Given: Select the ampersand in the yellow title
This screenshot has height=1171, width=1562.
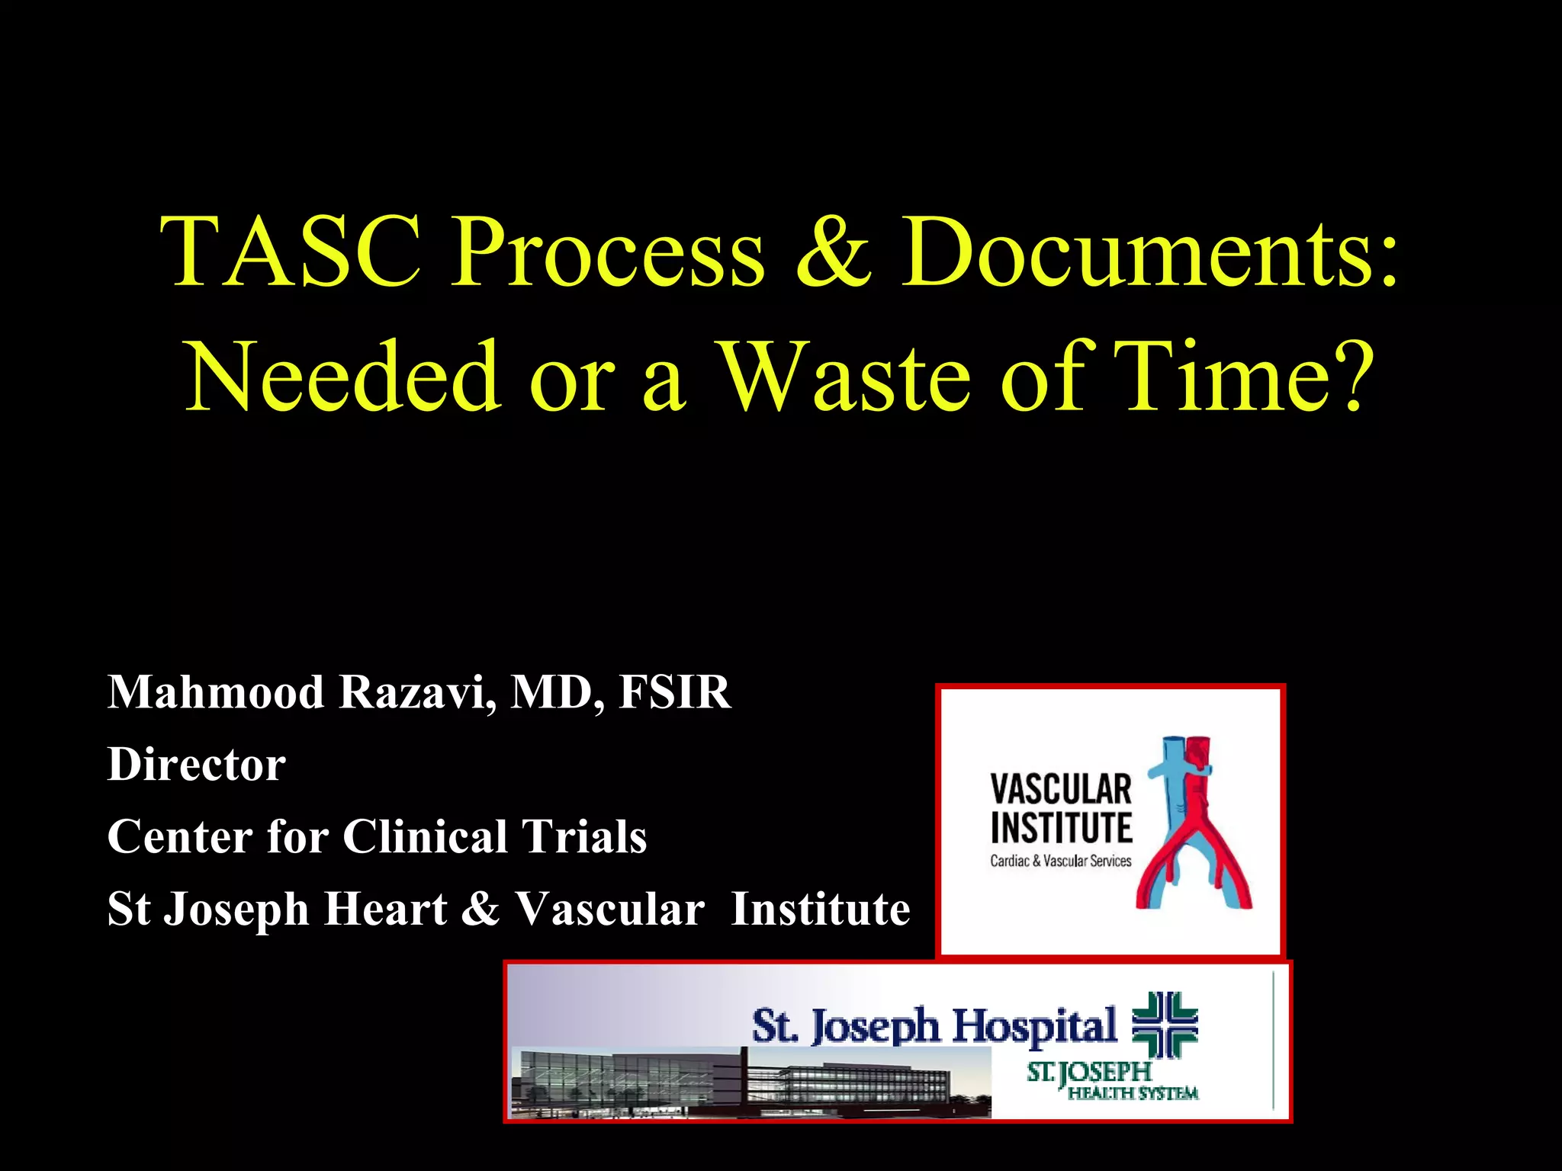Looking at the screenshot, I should tap(832, 252).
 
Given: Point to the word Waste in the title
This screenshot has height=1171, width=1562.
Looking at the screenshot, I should tap(846, 377).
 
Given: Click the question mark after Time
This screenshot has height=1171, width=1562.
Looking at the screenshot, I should tap(1355, 377).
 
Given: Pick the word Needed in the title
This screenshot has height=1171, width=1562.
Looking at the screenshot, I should tap(342, 377).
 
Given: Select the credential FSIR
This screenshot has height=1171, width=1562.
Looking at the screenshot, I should tap(675, 692).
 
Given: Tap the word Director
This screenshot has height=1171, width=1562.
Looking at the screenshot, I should tap(197, 764).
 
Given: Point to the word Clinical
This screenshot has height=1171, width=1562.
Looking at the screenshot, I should tap(424, 836).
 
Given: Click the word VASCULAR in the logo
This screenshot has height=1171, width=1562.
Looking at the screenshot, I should tap(1060, 790).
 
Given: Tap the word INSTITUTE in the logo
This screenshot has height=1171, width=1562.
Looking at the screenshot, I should tap(1060, 828).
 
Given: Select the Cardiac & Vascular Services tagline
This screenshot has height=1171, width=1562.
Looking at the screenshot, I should tap(1060, 861).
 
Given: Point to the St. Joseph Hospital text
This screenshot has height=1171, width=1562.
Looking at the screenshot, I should tap(934, 1025).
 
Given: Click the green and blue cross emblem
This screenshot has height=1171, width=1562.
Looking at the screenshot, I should tap(1165, 1024).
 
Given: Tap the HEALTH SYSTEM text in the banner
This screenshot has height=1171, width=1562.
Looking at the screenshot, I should tap(1133, 1094).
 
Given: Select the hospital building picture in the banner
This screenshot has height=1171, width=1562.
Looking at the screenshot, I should tap(732, 1083).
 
